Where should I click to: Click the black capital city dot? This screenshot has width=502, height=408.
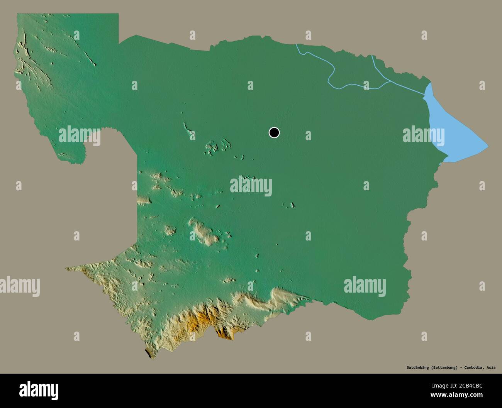[274, 133]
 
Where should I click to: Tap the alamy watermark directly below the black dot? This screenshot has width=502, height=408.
[251, 186]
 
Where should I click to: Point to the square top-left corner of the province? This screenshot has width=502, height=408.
[18, 14]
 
